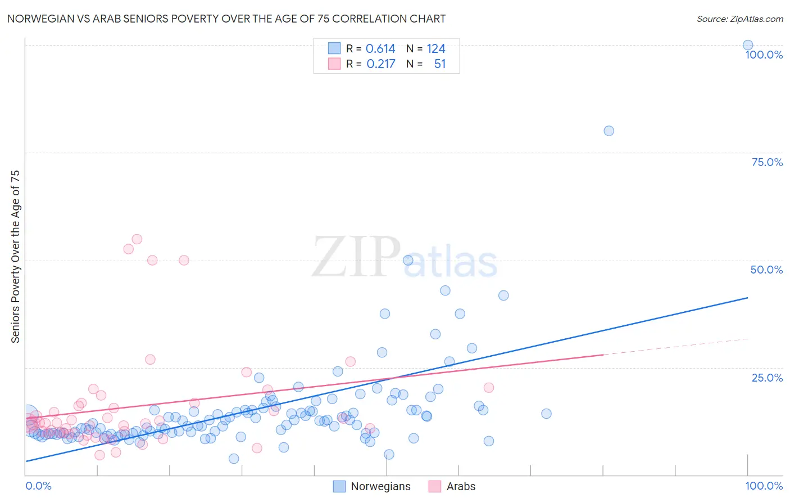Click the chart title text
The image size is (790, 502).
point(226,19)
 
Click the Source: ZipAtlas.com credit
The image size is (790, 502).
point(739,19)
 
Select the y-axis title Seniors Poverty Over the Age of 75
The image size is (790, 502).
point(15,256)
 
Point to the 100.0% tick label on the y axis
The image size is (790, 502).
point(764,55)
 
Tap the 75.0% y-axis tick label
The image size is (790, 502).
point(767,162)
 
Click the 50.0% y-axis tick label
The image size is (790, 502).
point(766,270)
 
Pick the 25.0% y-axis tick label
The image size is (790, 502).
point(767,378)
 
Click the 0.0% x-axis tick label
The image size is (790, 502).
point(38,486)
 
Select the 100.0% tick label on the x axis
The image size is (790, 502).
point(764,486)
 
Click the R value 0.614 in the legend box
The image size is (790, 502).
point(380,49)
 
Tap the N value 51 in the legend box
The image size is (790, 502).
point(440,64)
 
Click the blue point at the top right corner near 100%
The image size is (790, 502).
point(748,45)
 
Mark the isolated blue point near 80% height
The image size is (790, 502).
point(609,131)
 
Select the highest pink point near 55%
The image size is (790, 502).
point(137,239)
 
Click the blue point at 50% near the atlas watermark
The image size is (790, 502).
point(408,260)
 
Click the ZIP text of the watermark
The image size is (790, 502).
point(356,258)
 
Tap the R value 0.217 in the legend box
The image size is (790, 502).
point(381,64)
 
